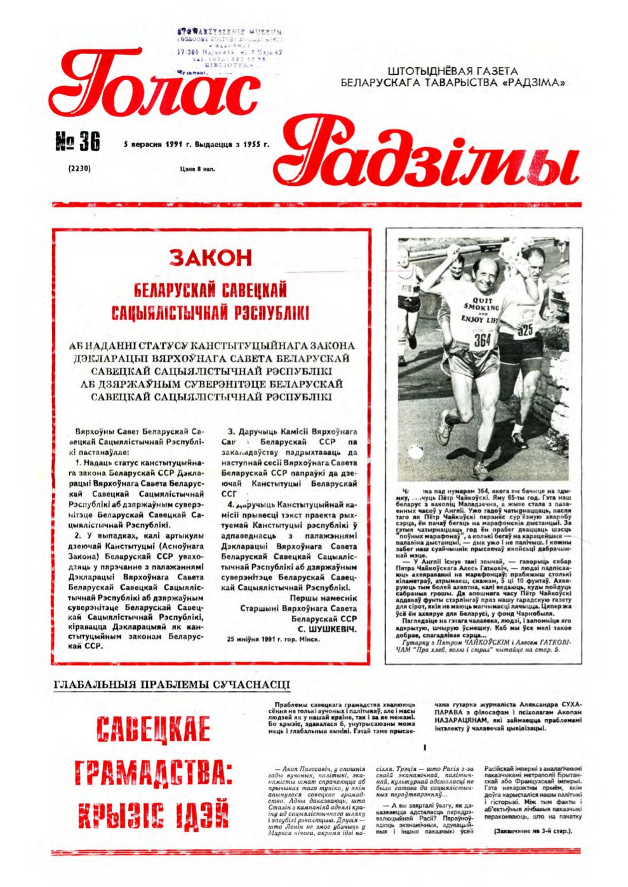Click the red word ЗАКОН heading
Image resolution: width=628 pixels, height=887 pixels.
pyautogui.click(x=211, y=258)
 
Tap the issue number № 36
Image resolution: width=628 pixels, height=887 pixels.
pyautogui.click(x=78, y=143)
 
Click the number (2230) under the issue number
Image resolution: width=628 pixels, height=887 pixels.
pyautogui.click(x=79, y=169)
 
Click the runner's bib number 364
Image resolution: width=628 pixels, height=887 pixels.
pyautogui.click(x=483, y=340)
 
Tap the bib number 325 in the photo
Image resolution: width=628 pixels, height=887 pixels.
pyautogui.click(x=525, y=331)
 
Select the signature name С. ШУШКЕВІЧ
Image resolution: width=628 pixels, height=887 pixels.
pyautogui.click(x=327, y=628)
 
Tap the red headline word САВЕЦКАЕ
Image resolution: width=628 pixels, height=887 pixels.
pyautogui.click(x=152, y=730)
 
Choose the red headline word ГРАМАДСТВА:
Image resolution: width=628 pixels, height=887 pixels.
pyautogui.click(x=152, y=772)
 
